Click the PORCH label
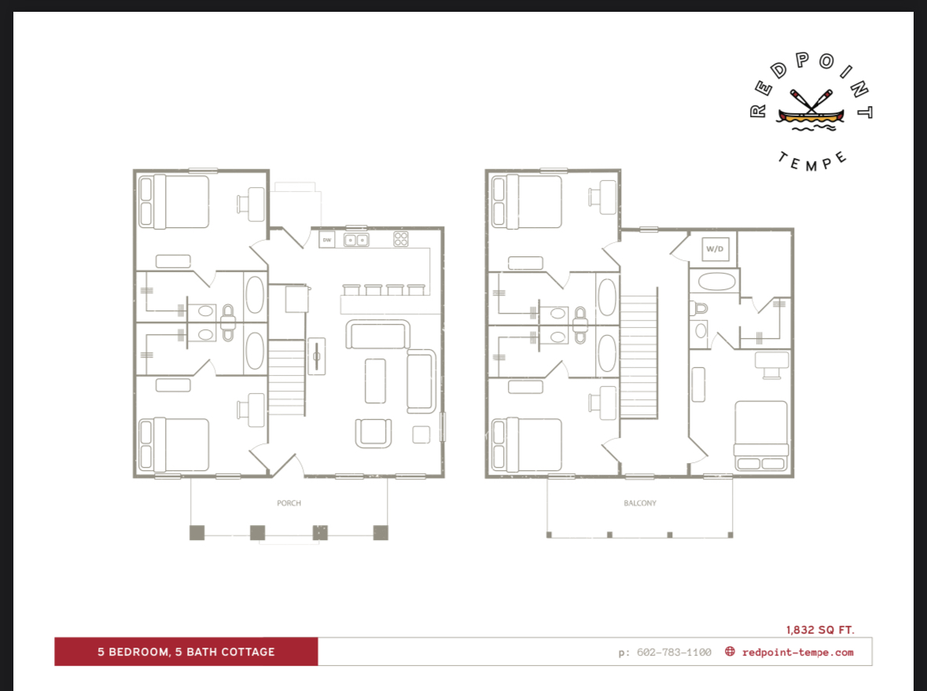point(289,503)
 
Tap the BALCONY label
point(640,503)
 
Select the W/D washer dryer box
point(715,248)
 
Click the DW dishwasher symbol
point(327,239)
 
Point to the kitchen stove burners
point(401,239)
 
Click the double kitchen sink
point(356,240)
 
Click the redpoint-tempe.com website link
point(797,652)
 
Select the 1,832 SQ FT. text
point(819,630)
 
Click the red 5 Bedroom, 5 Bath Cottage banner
point(186,652)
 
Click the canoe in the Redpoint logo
point(810,116)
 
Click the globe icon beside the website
point(730,652)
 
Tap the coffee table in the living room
point(376,381)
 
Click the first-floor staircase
point(287,377)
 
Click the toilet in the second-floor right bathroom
point(698,309)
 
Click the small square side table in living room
point(421,434)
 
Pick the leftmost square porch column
point(197,532)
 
